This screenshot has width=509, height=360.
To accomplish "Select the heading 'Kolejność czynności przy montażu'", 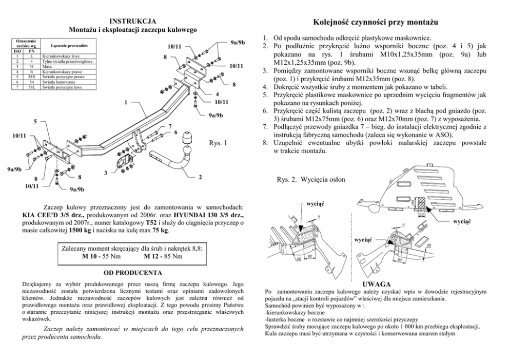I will (x=375, y=23).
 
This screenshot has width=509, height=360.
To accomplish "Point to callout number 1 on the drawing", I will (x=125, y=102).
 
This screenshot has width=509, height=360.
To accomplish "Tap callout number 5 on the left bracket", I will (x=35, y=122).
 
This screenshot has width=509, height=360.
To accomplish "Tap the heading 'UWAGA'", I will (x=377, y=284).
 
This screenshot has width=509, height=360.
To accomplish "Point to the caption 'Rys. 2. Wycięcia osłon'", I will (x=311, y=180).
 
